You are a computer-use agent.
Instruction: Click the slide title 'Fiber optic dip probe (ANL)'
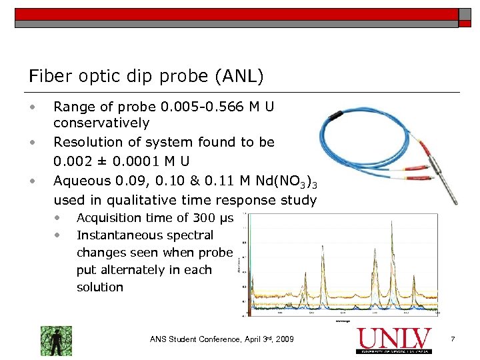[146, 76]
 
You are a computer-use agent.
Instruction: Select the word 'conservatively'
[101, 123]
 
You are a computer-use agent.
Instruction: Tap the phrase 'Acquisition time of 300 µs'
[154, 218]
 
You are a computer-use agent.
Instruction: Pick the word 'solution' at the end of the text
[100, 287]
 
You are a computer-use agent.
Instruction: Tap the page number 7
[453, 340]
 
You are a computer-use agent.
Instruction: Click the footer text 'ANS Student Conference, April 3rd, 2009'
[222, 340]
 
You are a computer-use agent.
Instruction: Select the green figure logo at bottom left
[56, 340]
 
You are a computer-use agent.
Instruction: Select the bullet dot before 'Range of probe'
[31, 106]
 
